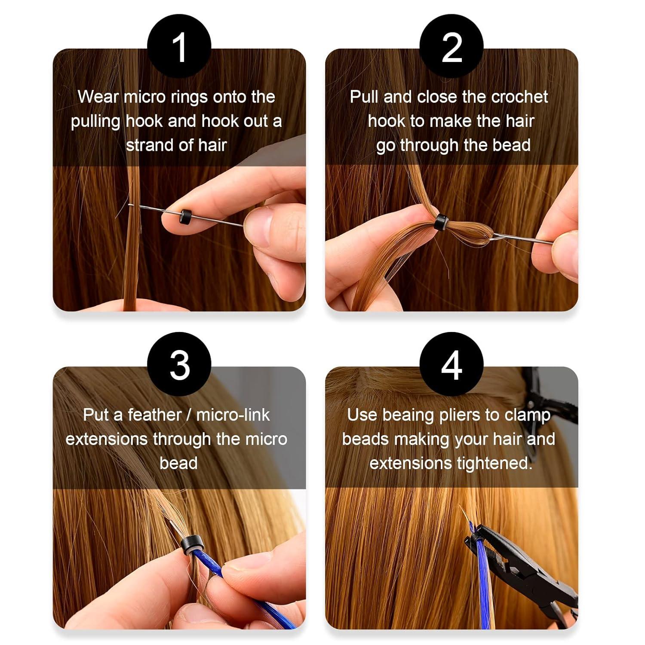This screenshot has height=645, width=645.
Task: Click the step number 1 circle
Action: (179, 46)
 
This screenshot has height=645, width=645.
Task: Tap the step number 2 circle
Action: (451, 46)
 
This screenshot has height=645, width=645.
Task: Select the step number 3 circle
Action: (179, 365)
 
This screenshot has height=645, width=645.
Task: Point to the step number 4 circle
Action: (451, 365)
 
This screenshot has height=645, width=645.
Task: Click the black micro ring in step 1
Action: (186, 215)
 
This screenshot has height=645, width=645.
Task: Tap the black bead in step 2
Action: (441, 222)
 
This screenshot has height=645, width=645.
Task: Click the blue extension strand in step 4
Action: (484, 568)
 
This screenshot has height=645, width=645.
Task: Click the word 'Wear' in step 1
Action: (98, 97)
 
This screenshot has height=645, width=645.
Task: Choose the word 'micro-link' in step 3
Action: (233, 415)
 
